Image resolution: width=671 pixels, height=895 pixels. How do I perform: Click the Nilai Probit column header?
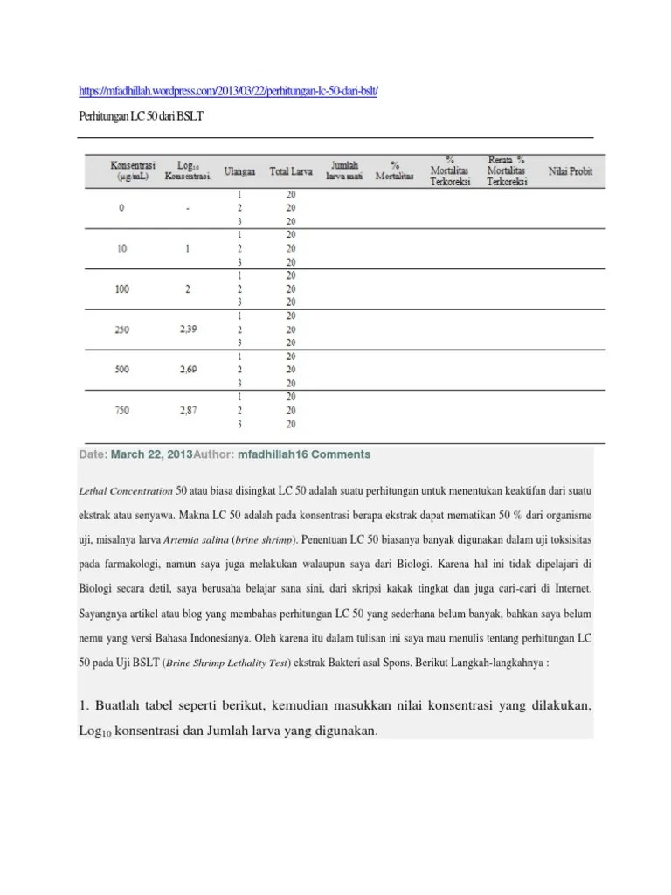(x=570, y=170)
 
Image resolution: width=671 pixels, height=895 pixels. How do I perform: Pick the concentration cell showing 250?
(x=122, y=330)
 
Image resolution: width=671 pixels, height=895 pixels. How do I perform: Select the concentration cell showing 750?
(x=122, y=410)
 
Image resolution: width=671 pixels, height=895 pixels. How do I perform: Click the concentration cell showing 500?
(x=122, y=370)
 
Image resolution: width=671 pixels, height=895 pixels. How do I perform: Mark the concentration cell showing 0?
(x=122, y=208)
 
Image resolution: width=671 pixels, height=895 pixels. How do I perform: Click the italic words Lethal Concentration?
(x=125, y=492)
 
